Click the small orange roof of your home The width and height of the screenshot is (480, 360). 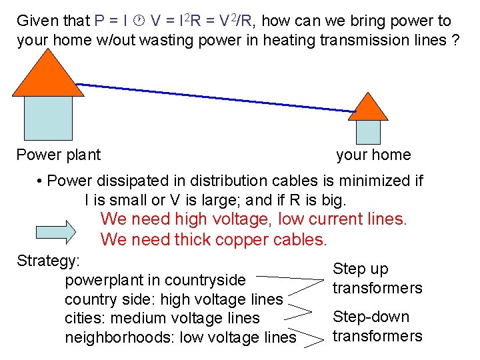click(x=368, y=109)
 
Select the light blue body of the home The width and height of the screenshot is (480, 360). click(x=368, y=131)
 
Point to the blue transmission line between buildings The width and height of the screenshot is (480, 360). click(x=213, y=97)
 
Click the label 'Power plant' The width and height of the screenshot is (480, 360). click(x=58, y=155)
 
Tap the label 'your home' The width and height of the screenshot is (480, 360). click(x=373, y=155)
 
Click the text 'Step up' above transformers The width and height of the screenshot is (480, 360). click(x=360, y=269)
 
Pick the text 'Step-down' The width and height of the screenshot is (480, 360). click(x=371, y=317)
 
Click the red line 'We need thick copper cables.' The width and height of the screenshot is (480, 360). click(x=213, y=239)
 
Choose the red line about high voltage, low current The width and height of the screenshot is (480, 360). click(x=253, y=219)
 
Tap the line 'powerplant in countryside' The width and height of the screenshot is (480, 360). click(x=155, y=280)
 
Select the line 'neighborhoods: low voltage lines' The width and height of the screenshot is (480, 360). click(x=180, y=337)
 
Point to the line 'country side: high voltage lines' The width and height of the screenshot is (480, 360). click(x=173, y=299)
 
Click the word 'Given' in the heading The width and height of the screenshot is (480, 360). click(x=37, y=21)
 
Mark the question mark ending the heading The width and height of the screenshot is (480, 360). click(x=454, y=40)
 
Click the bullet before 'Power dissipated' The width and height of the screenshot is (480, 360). click(x=41, y=181)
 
